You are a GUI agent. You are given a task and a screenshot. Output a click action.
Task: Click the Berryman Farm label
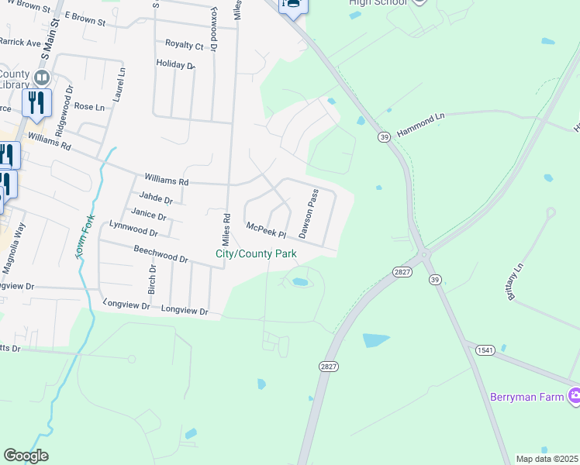pyautogui.click(x=527, y=397)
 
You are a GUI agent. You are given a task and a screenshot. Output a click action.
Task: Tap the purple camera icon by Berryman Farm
pyautogui.click(x=574, y=396)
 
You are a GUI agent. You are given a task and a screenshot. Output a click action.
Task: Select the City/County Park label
pyautogui.click(x=256, y=254)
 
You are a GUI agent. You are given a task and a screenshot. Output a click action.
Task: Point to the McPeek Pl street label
pyautogui.click(x=266, y=230)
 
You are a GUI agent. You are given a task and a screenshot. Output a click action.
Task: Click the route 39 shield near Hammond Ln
pyautogui.click(x=384, y=136)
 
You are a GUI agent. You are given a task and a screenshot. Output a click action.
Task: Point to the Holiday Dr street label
pyautogui.click(x=174, y=64)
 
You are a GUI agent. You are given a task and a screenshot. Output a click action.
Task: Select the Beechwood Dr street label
pyautogui.click(x=161, y=253)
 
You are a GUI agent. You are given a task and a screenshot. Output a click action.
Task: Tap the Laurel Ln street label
pyautogui.click(x=120, y=82)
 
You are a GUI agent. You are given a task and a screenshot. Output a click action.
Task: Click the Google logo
pyautogui.click(x=26, y=456)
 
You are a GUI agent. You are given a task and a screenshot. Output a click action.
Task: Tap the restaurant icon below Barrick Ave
pyautogui.click(x=36, y=103)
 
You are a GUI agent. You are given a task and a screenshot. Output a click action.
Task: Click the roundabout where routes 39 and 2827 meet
pyautogui.click(x=424, y=253)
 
